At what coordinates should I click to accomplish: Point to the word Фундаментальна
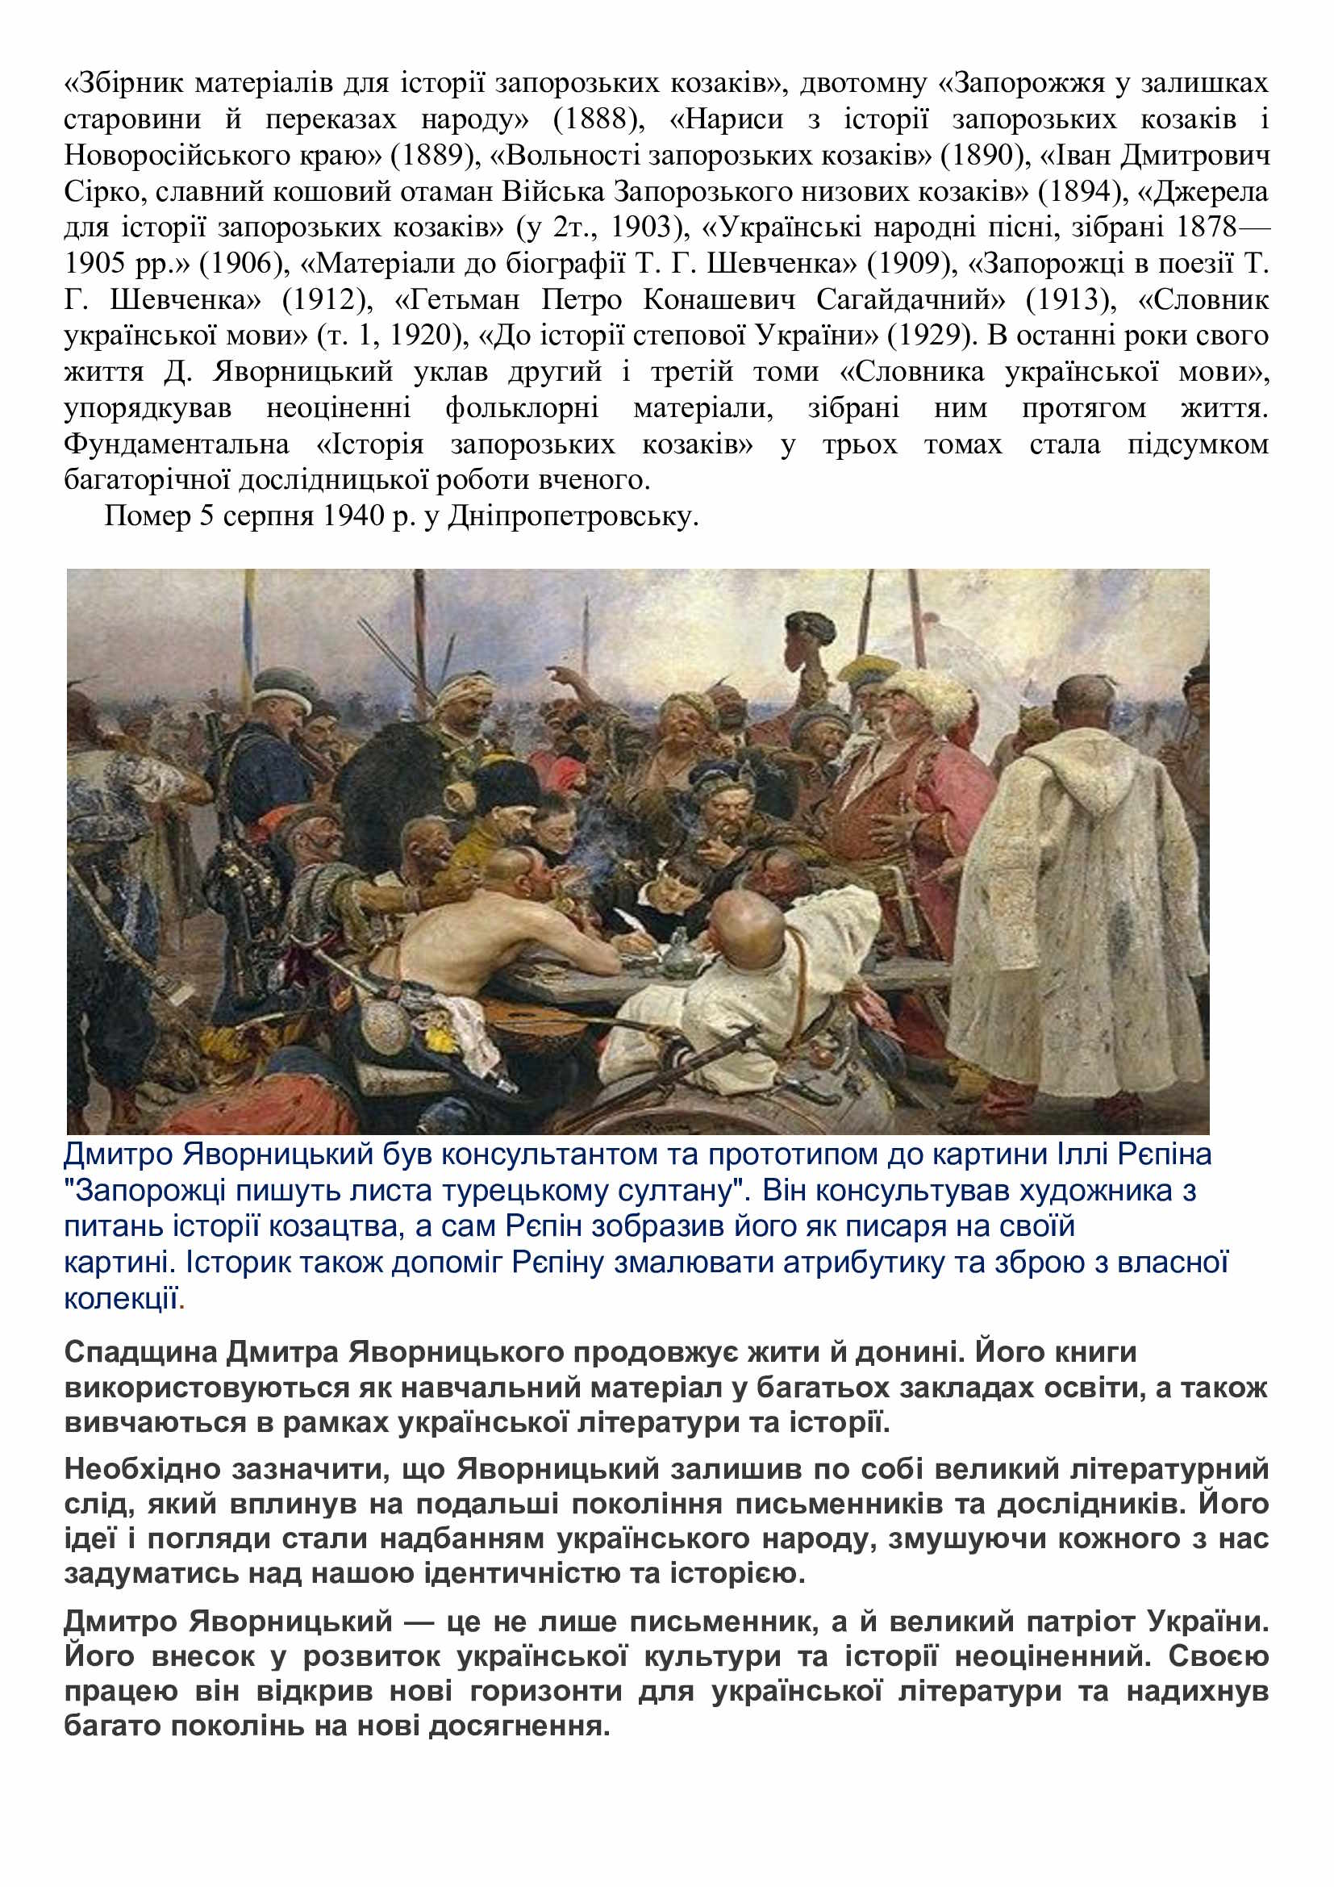(177, 445)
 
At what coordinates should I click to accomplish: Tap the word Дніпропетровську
(572, 517)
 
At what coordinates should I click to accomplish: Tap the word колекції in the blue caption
(121, 1300)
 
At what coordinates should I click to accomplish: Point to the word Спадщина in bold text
(140, 1352)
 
